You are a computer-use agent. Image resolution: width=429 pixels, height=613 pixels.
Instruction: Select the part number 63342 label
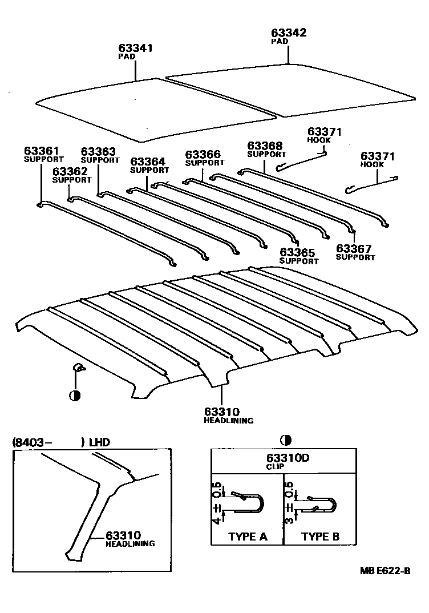289,33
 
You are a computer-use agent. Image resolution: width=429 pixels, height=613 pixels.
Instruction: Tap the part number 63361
41,151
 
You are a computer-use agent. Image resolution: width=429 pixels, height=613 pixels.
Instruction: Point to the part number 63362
70,171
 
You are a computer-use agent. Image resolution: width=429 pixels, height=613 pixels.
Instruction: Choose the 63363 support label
98,152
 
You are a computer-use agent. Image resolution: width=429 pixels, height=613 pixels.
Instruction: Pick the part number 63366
203,154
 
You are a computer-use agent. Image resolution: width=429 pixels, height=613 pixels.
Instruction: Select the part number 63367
354,248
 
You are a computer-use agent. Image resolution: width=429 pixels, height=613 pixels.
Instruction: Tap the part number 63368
265,146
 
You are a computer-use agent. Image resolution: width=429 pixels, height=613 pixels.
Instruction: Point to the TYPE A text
248,537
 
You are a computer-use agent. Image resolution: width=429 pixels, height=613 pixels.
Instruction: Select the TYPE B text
320,537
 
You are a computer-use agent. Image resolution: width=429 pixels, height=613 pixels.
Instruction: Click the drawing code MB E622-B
385,571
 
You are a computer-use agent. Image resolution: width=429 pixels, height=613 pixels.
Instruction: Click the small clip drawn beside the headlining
78,368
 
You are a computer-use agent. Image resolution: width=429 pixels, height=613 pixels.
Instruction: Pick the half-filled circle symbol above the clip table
285,439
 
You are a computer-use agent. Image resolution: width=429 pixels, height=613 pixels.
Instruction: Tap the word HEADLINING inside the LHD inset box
130,544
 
